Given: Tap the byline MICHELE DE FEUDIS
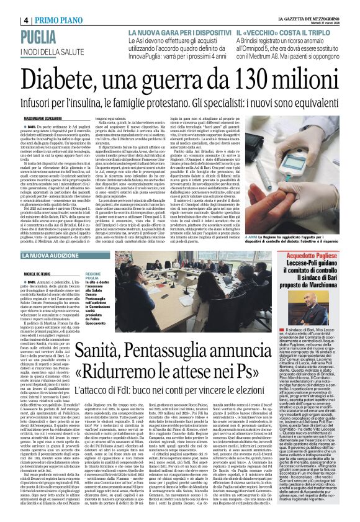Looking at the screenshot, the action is click(x=25, y=272).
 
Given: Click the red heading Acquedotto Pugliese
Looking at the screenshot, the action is click(x=318, y=272).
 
